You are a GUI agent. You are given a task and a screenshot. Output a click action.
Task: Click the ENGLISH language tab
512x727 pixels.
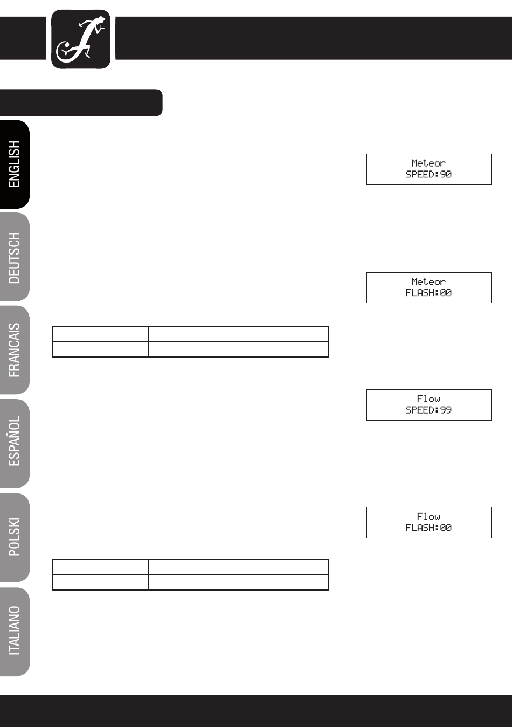[15, 164]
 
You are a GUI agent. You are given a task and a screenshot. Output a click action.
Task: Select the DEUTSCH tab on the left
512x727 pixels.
[15, 258]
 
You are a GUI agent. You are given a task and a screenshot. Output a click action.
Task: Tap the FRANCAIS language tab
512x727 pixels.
[15, 350]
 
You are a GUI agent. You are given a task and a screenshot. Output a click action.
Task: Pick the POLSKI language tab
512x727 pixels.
[15, 537]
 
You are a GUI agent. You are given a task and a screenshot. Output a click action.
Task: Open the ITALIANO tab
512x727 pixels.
[15, 630]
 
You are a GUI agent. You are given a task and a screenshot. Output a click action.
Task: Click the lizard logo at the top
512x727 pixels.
[81, 39]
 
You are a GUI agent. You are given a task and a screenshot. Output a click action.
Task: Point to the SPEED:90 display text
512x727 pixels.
[428, 175]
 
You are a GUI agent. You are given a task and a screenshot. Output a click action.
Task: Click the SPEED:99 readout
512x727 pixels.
[428, 410]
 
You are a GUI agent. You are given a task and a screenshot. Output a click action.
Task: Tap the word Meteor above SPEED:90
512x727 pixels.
[428, 163]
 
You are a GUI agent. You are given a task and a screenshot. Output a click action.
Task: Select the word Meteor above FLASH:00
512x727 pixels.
[428, 282]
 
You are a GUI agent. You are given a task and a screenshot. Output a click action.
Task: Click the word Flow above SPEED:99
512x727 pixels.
[428, 399]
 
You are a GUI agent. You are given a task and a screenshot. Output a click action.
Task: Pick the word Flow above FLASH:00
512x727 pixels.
[428, 517]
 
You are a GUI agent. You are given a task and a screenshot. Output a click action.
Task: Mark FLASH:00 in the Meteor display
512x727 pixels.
[428, 293]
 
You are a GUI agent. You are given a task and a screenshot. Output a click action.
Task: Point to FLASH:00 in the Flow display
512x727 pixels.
[428, 529]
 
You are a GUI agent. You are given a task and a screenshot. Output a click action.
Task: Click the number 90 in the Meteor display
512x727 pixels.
[446, 175]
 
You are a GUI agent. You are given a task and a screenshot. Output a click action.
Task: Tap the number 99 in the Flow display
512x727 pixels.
[446, 410]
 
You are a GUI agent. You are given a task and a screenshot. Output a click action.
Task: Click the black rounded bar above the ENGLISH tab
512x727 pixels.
[81, 102]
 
